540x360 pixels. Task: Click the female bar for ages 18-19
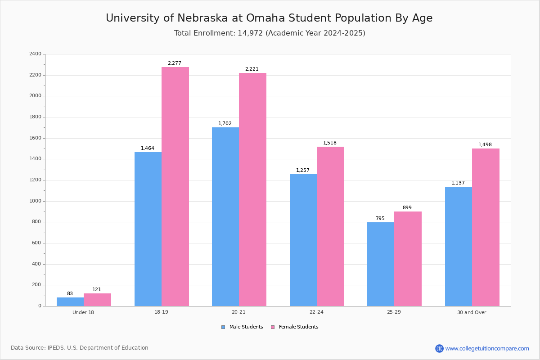pos(175,186)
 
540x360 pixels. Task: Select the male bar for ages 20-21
pos(225,216)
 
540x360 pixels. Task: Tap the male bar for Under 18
pos(70,301)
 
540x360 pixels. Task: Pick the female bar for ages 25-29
pos(408,259)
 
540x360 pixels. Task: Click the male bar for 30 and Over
pos(458,246)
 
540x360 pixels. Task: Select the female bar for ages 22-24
pos(330,226)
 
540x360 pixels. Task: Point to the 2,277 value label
pos(175,63)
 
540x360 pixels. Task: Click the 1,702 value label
pos(225,124)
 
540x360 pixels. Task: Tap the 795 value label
pos(380,219)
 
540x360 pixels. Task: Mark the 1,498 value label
pos(485,145)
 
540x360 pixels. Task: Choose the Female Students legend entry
pos(295,327)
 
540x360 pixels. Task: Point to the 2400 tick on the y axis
pos(35,54)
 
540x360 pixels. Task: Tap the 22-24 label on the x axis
pos(316,312)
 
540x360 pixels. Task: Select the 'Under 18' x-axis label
pos(83,312)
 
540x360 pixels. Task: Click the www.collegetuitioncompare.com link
pos(487,348)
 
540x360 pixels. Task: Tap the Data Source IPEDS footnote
pos(80,348)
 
